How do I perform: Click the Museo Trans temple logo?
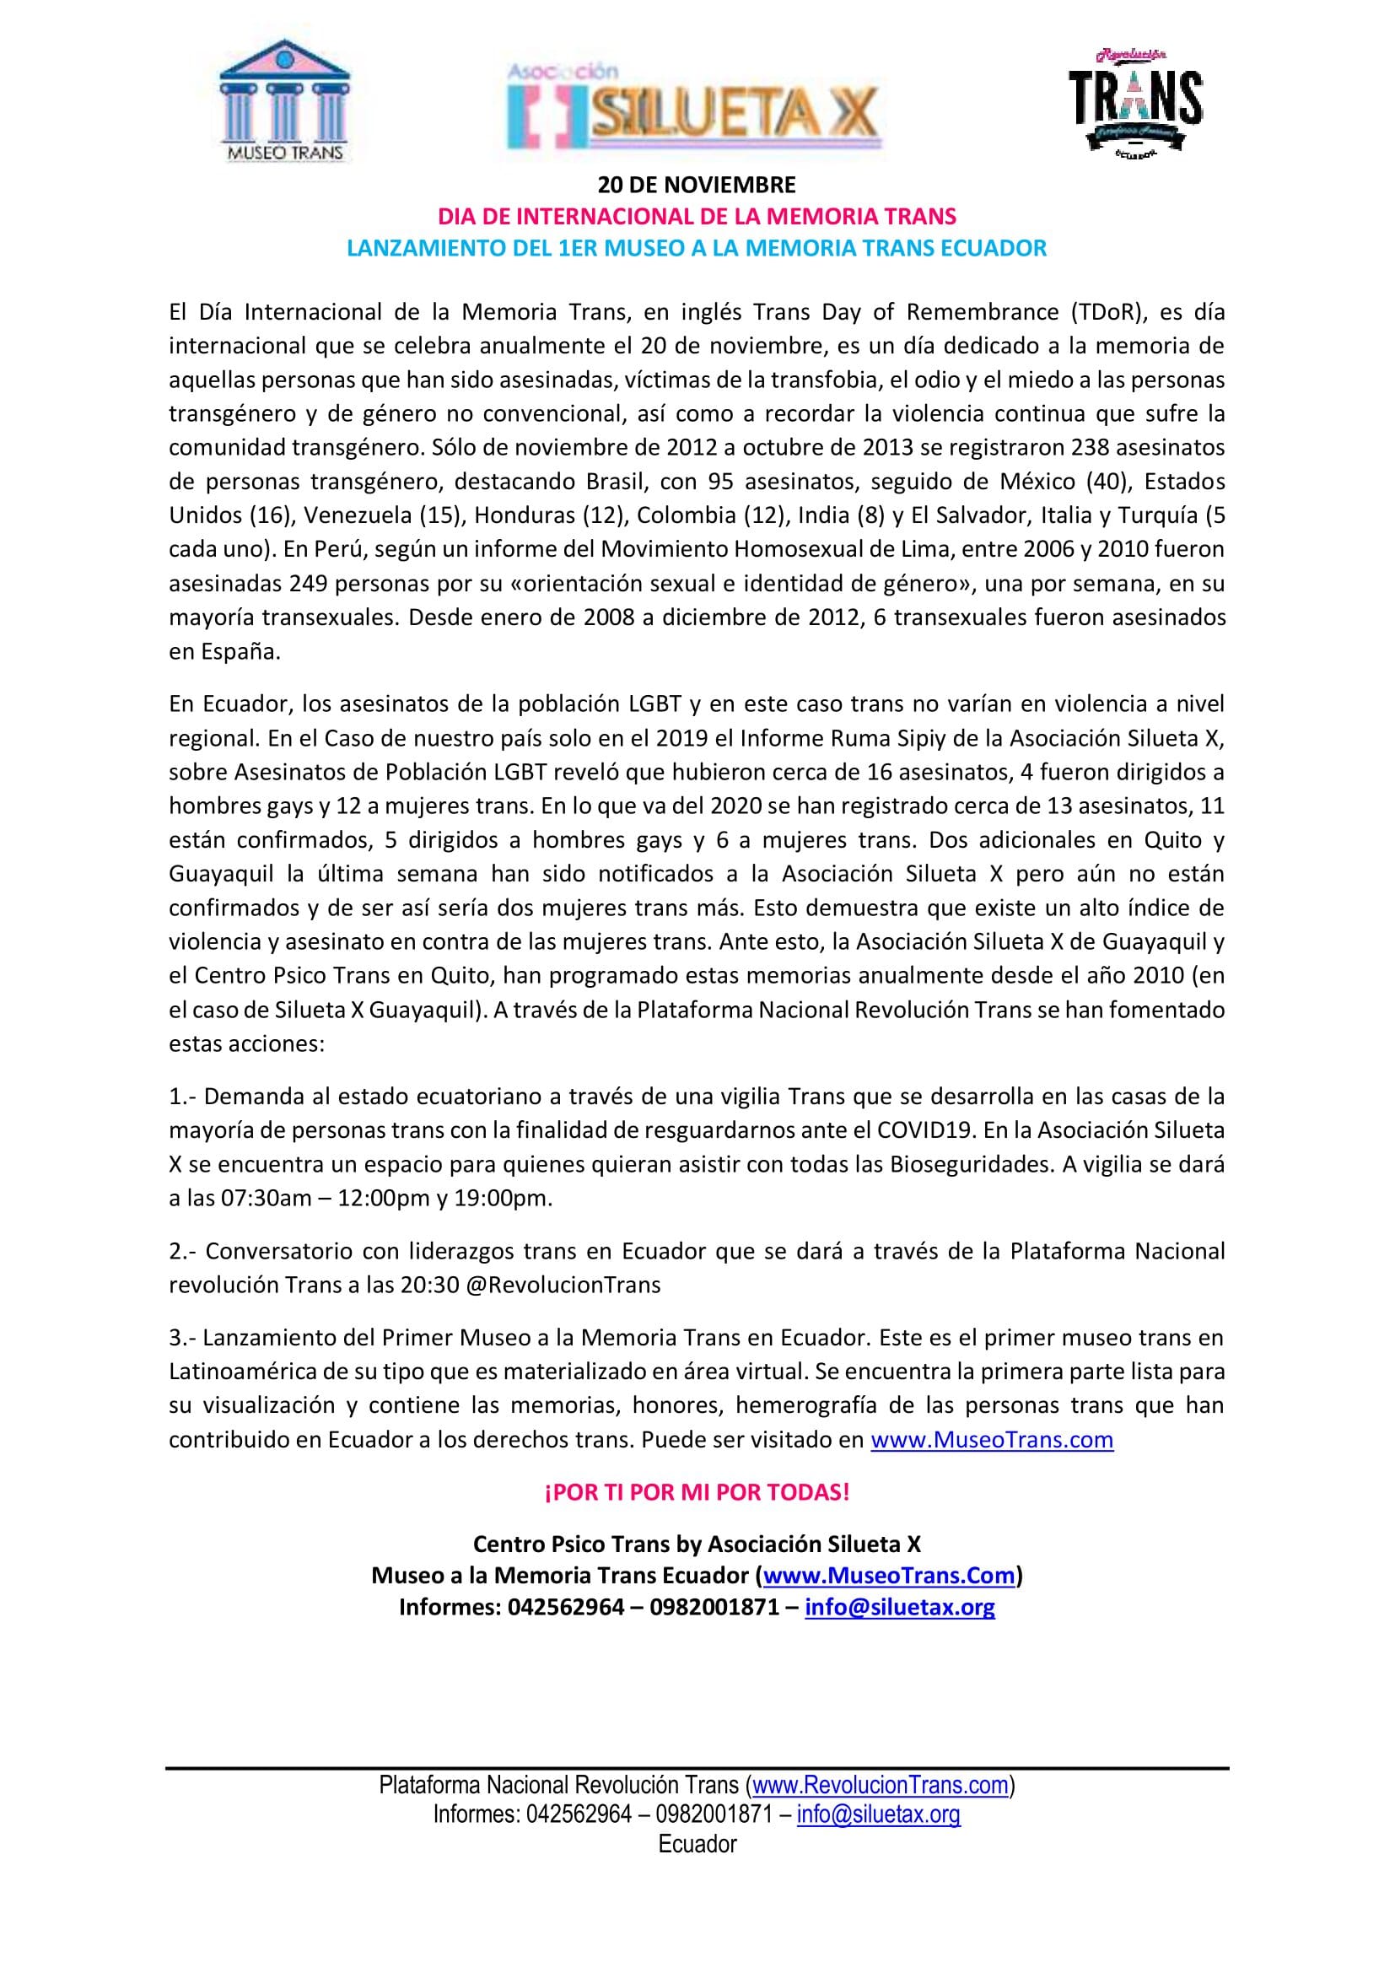click(x=284, y=100)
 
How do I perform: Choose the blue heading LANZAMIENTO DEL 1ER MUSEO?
click(x=697, y=248)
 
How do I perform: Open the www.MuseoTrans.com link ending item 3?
click(x=992, y=1439)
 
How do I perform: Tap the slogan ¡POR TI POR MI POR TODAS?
click(x=697, y=1493)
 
